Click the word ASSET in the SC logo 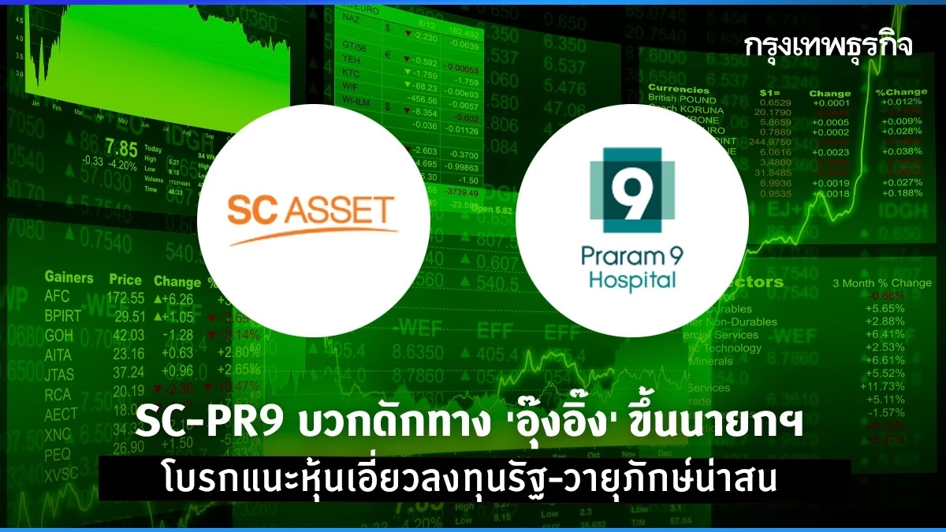344,211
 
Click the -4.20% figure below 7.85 123,163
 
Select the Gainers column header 69,277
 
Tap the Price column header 125,280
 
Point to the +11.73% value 883,387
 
